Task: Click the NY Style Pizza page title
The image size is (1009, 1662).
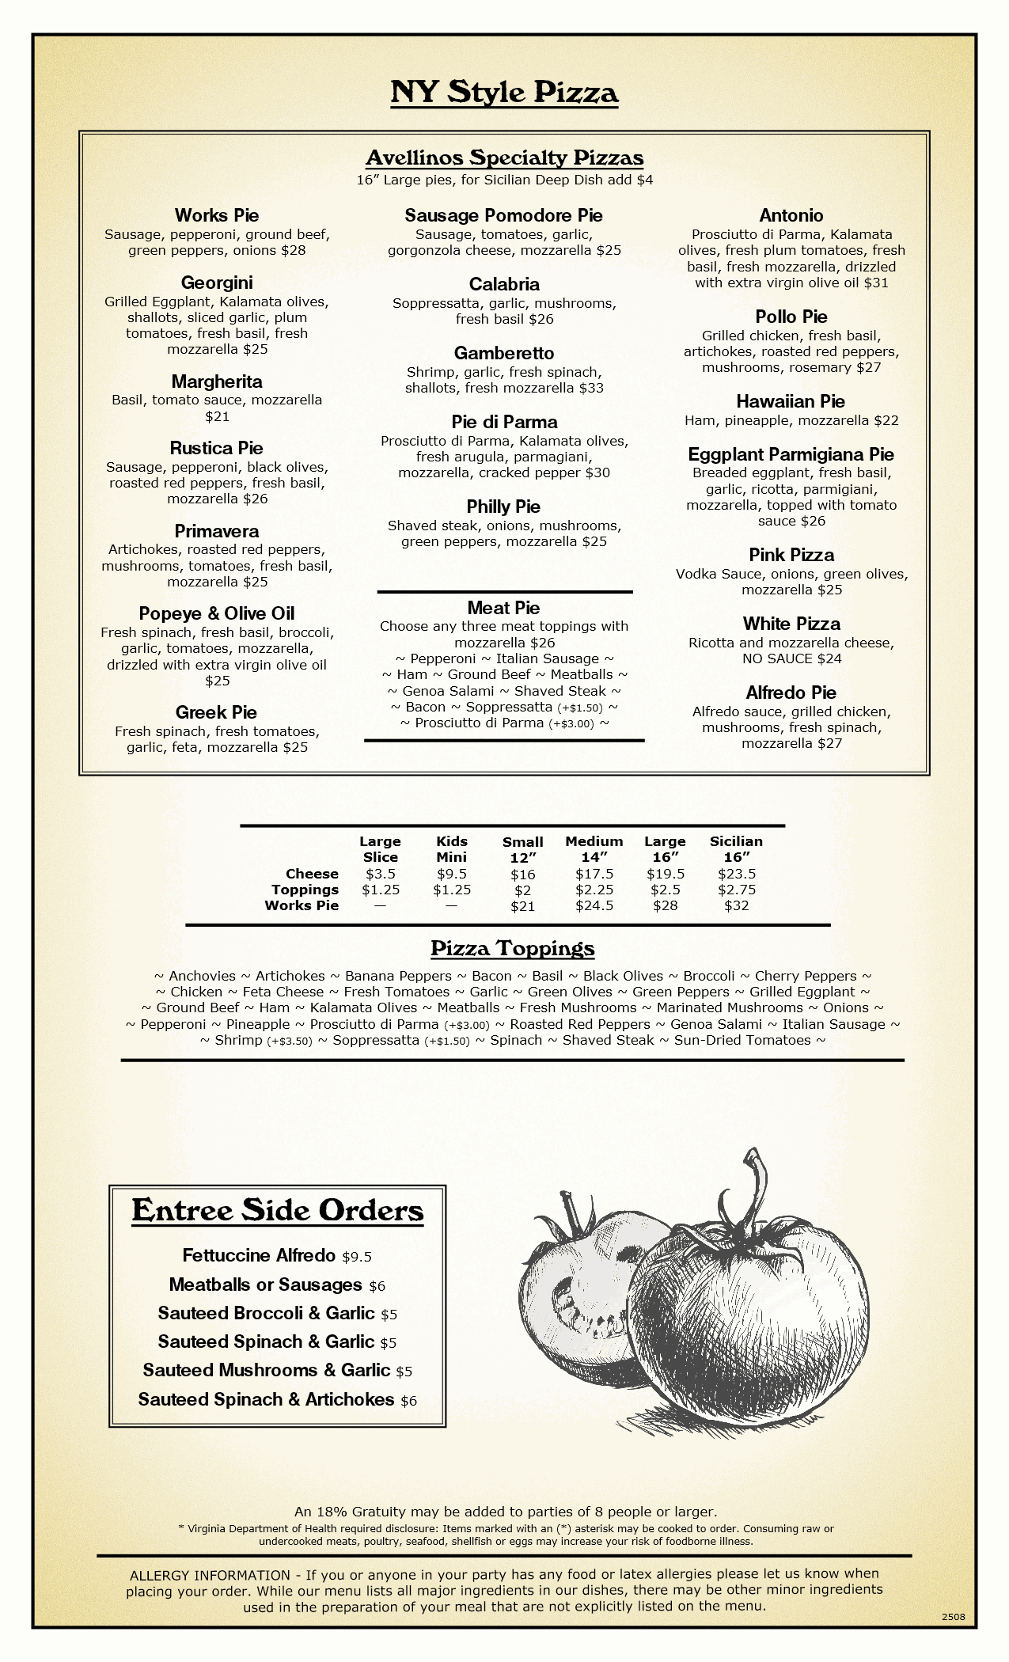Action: (x=504, y=93)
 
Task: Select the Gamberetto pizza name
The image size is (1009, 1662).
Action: (x=504, y=353)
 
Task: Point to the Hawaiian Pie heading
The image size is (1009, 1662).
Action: (x=791, y=401)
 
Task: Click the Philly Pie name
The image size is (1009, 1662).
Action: (x=504, y=507)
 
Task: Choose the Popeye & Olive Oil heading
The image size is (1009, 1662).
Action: (x=217, y=613)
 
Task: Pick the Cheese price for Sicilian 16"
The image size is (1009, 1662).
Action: (x=737, y=874)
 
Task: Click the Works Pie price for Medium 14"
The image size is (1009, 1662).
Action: (x=594, y=905)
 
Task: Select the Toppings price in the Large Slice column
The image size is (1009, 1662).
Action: (x=381, y=890)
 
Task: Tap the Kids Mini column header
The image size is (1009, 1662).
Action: (x=452, y=848)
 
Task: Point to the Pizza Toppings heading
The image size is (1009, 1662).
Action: (x=513, y=948)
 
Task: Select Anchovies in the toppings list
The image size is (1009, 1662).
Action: (x=202, y=976)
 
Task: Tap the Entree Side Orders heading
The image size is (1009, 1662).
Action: (x=278, y=1210)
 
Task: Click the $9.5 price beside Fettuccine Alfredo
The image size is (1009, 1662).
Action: (x=357, y=1257)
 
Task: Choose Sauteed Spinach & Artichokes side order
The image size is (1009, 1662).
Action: (x=267, y=1399)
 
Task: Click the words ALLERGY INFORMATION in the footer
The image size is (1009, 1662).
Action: (x=210, y=1575)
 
